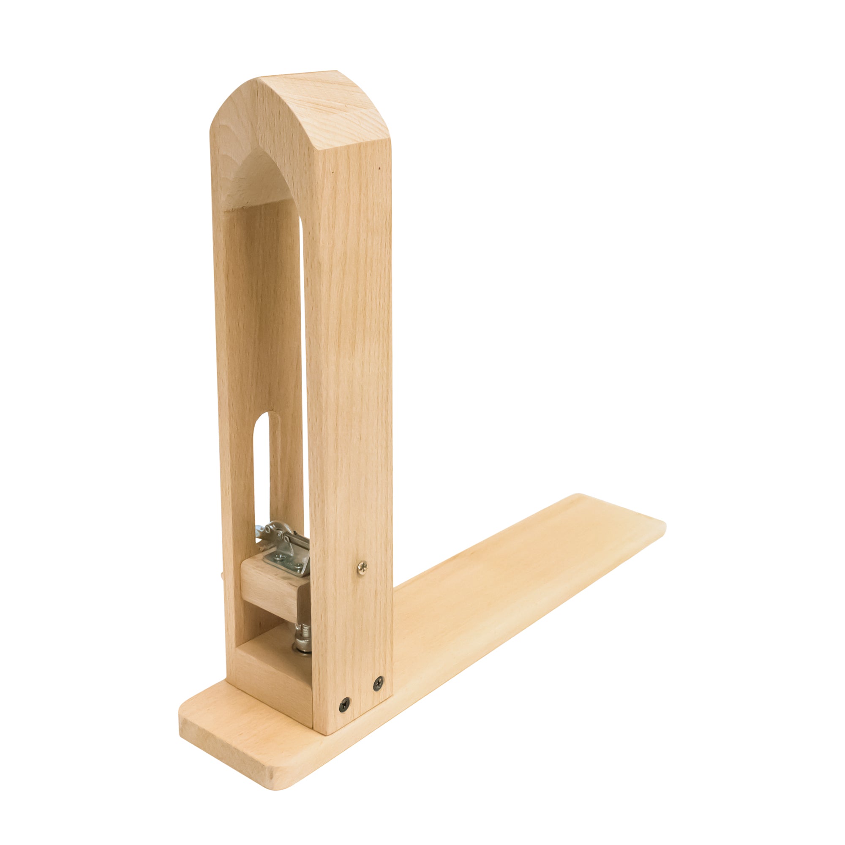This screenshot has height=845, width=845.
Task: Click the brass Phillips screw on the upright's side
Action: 362,568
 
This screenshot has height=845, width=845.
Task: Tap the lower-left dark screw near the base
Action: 345,704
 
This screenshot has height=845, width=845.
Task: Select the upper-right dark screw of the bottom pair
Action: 378,683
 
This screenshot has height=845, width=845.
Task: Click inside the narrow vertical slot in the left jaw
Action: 262,472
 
